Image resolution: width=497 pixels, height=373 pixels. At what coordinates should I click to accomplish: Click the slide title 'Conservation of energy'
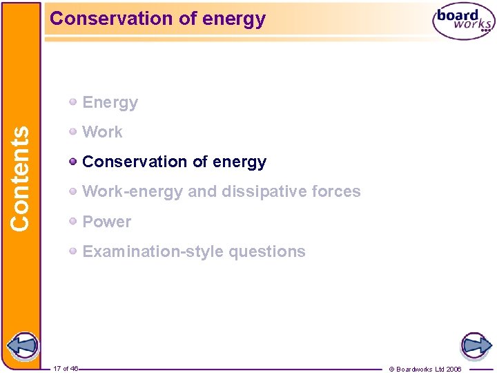pyautogui.click(x=157, y=19)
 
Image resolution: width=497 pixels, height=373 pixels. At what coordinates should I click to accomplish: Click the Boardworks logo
pyautogui.click(x=463, y=21)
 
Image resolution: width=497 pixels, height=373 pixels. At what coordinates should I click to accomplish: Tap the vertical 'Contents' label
pyautogui.click(x=21, y=178)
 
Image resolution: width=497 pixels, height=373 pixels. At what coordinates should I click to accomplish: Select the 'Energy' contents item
pyautogui.click(x=110, y=103)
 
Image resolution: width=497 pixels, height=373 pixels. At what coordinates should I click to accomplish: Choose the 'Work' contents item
pyautogui.click(x=102, y=132)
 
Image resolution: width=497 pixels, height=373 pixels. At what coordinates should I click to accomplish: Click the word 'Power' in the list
pyautogui.click(x=106, y=222)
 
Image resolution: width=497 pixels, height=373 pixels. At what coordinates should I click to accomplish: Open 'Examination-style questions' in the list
pyautogui.click(x=193, y=251)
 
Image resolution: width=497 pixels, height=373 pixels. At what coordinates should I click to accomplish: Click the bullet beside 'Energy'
pyautogui.click(x=73, y=102)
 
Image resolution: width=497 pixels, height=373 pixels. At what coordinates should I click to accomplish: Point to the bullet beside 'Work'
pyautogui.click(x=73, y=131)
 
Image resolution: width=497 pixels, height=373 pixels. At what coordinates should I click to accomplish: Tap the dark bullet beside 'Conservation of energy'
pyautogui.click(x=73, y=162)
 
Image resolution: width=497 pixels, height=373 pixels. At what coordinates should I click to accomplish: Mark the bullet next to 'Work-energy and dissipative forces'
pyautogui.click(x=73, y=191)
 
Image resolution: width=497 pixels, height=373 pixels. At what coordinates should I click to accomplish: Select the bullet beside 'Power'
pyautogui.click(x=73, y=222)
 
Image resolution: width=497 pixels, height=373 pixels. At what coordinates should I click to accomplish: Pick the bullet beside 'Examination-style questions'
pyautogui.click(x=73, y=251)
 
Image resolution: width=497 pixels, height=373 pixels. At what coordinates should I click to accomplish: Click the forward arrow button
pyautogui.click(x=475, y=345)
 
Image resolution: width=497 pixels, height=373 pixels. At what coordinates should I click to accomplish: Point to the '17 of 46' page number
pyautogui.click(x=66, y=369)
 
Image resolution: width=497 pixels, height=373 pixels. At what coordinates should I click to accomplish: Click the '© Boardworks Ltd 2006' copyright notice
pyautogui.click(x=425, y=369)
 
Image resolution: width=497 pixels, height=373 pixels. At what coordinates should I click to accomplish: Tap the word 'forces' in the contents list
pyautogui.click(x=335, y=191)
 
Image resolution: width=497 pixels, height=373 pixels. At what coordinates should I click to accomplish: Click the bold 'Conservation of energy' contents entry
pyautogui.click(x=174, y=162)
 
